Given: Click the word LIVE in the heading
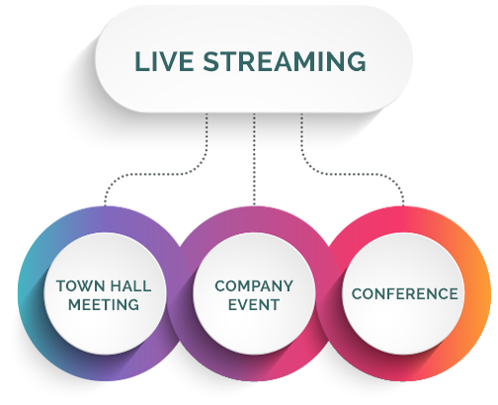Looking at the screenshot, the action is (164, 61).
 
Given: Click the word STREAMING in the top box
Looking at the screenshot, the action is (285, 61).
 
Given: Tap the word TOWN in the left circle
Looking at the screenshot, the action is (78, 286).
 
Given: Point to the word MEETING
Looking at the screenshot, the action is (104, 304).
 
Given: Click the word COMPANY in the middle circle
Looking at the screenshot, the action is (254, 286).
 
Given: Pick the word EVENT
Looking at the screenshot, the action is (254, 304).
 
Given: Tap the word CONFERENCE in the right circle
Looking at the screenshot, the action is (405, 294).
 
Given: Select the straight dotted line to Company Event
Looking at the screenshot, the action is (254, 160).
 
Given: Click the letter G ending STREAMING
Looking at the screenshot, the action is (357, 61).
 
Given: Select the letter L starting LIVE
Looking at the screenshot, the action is (141, 61).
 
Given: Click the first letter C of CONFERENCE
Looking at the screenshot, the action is (357, 294).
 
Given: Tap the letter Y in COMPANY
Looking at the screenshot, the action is (288, 286).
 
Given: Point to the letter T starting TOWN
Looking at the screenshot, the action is (61, 286).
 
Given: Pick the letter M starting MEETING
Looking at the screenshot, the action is (75, 304).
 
